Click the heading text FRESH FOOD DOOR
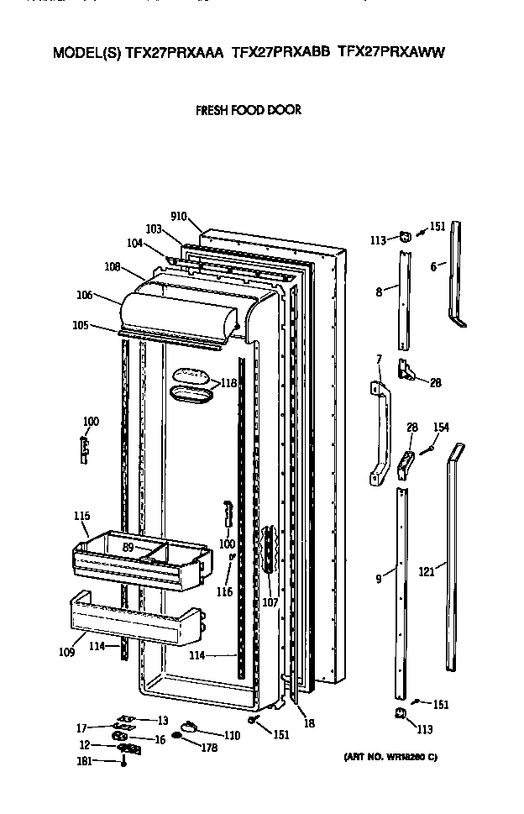pyautogui.click(x=248, y=110)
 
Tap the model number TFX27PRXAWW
pyautogui.click(x=390, y=52)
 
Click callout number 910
pyautogui.click(x=178, y=216)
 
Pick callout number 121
pyautogui.click(x=427, y=571)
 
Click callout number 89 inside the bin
pyautogui.click(x=128, y=547)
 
